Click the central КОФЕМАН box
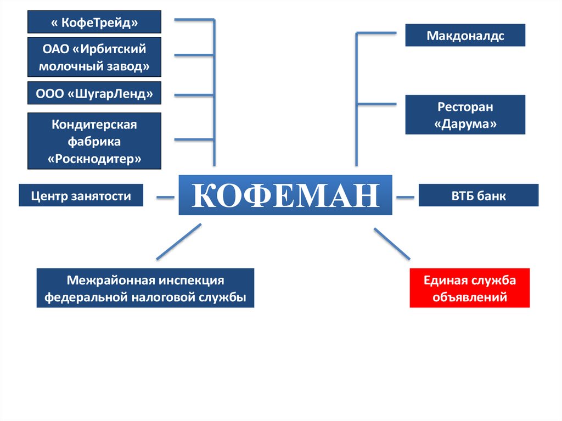click(x=285, y=195)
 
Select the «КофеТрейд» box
click(x=94, y=23)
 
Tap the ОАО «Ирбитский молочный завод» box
click(x=94, y=58)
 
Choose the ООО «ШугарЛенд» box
click(x=94, y=94)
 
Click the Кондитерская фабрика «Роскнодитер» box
click(x=94, y=141)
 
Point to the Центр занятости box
click(x=81, y=195)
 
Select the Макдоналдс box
click(x=465, y=35)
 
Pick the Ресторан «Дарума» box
click(x=465, y=115)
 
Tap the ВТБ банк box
click(x=479, y=195)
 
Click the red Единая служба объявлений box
click(x=470, y=288)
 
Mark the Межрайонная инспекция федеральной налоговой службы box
click(x=145, y=288)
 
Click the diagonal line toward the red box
click(x=392, y=243)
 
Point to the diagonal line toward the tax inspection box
click(x=179, y=242)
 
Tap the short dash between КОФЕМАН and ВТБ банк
click(x=405, y=196)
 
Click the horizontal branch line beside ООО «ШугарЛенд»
click(x=194, y=96)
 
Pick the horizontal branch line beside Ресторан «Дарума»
click(x=376, y=103)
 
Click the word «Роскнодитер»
click(x=94, y=159)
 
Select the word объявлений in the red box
click(x=470, y=297)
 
